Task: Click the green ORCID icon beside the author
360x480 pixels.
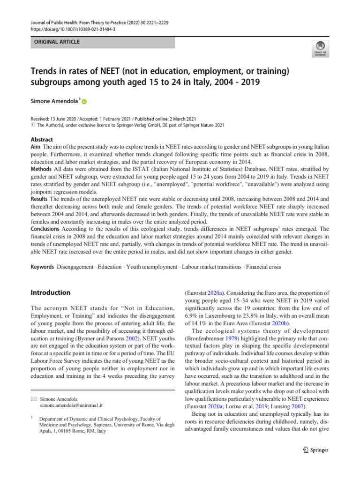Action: click(85, 102)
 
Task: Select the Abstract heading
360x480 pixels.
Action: click(42, 139)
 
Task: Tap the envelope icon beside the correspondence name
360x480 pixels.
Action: click(33, 397)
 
